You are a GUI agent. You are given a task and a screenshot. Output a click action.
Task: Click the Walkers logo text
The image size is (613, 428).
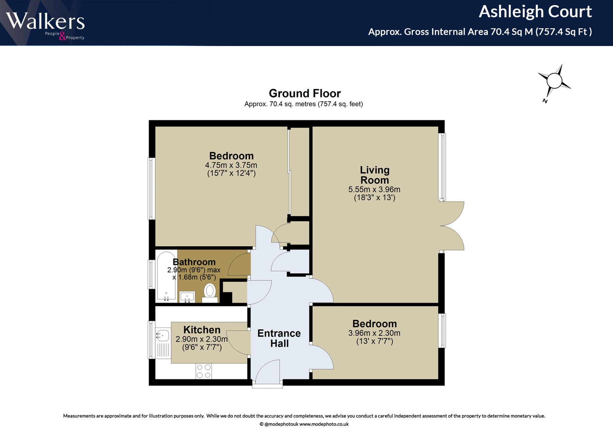pos(45,21)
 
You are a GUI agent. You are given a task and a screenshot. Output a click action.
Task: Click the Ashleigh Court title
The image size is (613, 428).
pos(535,12)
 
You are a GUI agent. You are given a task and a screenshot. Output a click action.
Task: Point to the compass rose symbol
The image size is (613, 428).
pos(554,81)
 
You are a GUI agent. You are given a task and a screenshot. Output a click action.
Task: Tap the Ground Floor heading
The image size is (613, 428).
pos(305,93)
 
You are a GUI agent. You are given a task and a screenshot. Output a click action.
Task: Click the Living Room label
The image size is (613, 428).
pos(375,175)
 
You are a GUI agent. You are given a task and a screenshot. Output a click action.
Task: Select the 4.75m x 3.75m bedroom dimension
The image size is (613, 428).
pos(231,165)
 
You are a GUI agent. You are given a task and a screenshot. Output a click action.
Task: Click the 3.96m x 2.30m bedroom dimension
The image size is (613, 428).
pos(374,333)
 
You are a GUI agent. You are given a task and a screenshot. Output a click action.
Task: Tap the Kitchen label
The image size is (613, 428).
pos(202,330)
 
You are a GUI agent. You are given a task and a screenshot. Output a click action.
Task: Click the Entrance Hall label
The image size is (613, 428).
pos(279,338)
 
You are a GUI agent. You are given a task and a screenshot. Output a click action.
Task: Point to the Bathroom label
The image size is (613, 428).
pos(194,262)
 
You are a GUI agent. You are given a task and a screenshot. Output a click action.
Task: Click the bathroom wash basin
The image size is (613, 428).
pos(187,296)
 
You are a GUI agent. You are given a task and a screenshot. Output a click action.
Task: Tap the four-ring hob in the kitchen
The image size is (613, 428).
pos(204,371)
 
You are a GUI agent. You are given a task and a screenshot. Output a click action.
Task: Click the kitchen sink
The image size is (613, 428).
pos(163,335)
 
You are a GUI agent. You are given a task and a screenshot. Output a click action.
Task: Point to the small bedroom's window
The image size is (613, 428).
pos(442,330)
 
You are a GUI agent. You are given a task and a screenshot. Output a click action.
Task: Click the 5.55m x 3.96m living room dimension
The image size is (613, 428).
pos(374,189)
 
